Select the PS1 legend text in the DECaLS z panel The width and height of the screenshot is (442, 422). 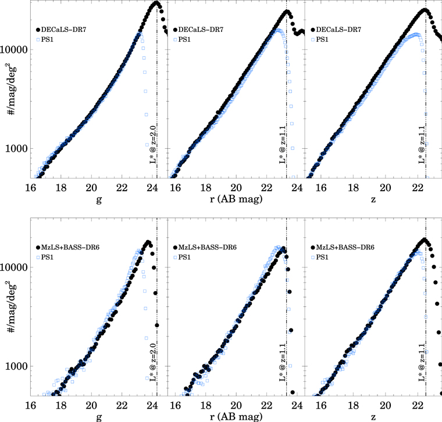click(323, 39)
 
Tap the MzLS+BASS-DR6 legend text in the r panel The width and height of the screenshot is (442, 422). click(208, 247)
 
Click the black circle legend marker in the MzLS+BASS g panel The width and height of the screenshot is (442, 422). click(38, 247)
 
